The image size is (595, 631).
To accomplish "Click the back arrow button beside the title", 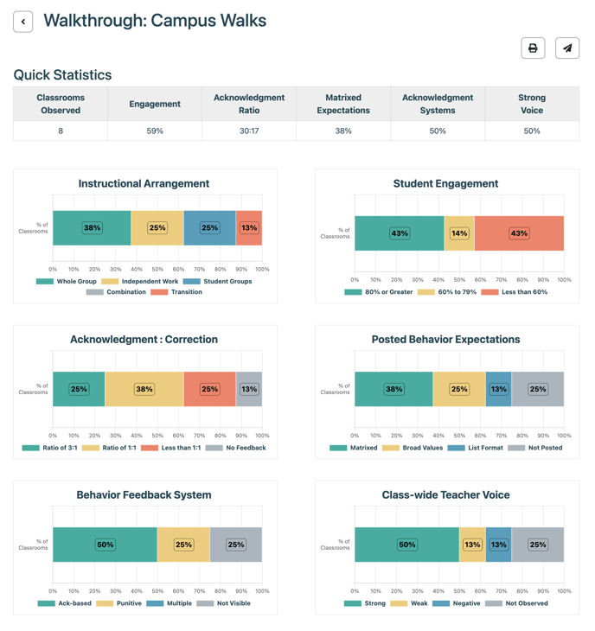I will tap(23, 22).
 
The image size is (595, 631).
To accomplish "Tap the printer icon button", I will tap(533, 48).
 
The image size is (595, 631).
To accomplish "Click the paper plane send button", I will tap(567, 48).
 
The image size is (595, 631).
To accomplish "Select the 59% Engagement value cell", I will tap(155, 131).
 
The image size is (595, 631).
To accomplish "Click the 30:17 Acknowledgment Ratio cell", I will tap(249, 131).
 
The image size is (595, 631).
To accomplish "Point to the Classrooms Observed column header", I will tap(61, 104).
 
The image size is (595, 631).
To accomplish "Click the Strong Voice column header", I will tap(532, 104).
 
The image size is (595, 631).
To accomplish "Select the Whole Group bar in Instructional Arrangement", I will tap(92, 228).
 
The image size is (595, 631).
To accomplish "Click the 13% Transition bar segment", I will tap(249, 228).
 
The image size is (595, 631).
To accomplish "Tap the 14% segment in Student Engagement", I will tap(459, 233).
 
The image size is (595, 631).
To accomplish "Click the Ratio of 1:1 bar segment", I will tap(144, 389).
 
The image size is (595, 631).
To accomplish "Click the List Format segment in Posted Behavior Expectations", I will tap(498, 389).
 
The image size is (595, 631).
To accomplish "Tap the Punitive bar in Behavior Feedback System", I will tap(183, 545).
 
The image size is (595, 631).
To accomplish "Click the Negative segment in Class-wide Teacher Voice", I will tap(498, 545).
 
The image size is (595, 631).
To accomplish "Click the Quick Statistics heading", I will tap(62, 74).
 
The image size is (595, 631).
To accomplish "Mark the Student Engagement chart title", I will tap(445, 183).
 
